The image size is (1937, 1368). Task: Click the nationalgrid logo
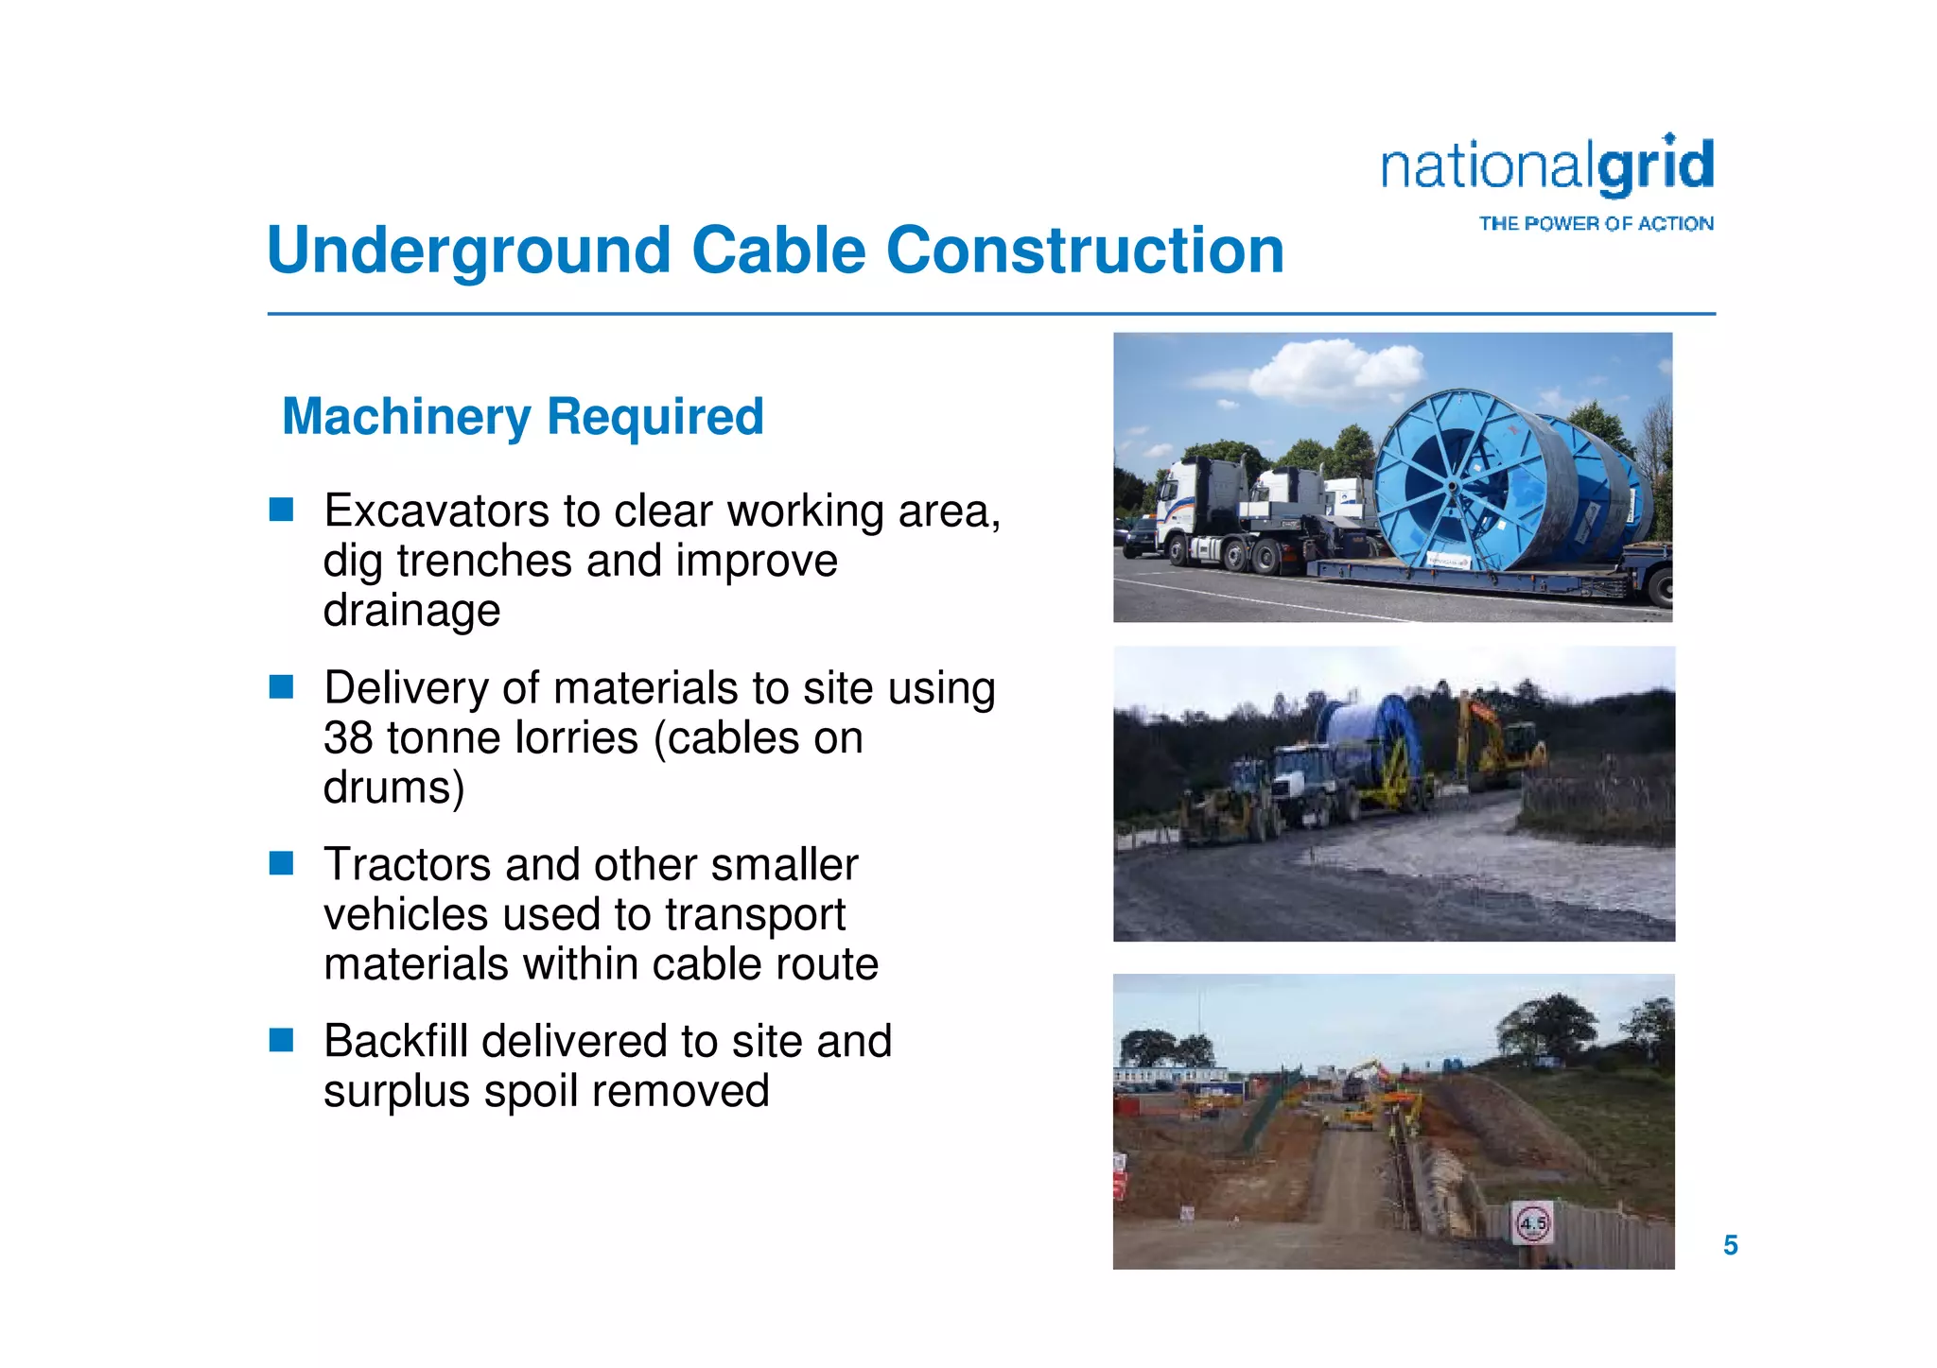1547,166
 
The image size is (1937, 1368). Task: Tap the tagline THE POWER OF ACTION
1596,224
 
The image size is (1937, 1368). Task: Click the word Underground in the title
469,251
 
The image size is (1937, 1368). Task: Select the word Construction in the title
1085,251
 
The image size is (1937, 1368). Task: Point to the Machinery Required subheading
523,417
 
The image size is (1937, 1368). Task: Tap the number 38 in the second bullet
348,738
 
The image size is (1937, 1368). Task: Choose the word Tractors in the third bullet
406,865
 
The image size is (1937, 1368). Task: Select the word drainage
411,611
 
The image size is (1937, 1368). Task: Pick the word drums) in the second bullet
393,788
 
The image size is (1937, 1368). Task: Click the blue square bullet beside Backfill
281,1040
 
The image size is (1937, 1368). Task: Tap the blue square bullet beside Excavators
281,511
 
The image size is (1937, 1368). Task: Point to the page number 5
1730,1245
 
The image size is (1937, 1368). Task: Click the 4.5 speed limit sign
1532,1223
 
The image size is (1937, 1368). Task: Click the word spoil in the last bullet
534,1092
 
